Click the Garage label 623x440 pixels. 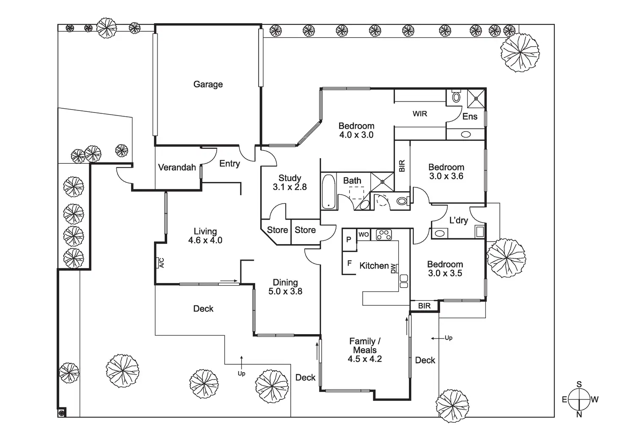[x=208, y=84]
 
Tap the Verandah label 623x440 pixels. [x=177, y=168]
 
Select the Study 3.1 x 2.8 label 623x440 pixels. [x=290, y=182]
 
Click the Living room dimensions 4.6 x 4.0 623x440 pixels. [x=205, y=240]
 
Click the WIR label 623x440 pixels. [x=420, y=113]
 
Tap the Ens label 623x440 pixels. [x=470, y=116]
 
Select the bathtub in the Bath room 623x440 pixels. [x=328, y=192]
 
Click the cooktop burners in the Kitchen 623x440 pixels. [x=384, y=234]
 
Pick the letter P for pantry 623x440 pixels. [x=349, y=239]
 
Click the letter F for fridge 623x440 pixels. [x=349, y=263]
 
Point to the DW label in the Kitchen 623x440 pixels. [x=394, y=268]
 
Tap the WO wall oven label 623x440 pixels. [x=364, y=234]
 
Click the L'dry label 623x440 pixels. [x=458, y=220]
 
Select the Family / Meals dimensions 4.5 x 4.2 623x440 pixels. [x=365, y=359]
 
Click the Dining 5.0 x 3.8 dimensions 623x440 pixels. [x=285, y=291]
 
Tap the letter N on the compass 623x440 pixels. [x=579, y=415]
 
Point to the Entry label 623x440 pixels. [x=229, y=164]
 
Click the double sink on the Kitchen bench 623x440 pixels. [x=404, y=281]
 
